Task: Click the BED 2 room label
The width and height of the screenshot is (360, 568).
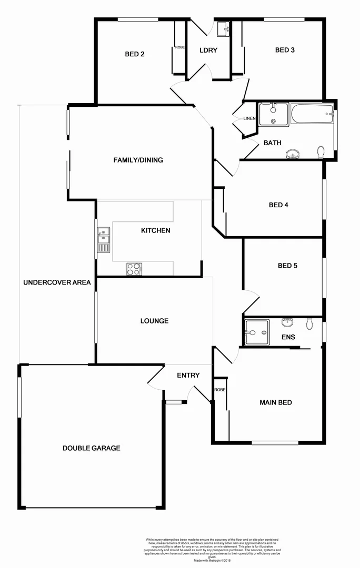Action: tap(135, 54)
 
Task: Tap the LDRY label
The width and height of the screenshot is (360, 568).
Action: tap(208, 50)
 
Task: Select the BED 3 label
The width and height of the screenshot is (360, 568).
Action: tap(285, 50)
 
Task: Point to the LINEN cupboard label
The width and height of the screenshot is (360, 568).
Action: tap(249, 118)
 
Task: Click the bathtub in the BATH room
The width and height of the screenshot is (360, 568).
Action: tap(312, 114)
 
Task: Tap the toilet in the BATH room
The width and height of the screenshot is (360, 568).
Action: tap(321, 152)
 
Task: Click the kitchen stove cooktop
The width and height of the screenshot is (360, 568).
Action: tap(134, 268)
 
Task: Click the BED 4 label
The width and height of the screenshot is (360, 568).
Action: tap(278, 205)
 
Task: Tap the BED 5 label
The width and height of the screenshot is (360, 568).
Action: tap(287, 266)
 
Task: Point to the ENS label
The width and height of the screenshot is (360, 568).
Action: tap(288, 337)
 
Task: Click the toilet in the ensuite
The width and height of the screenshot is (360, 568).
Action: tap(309, 324)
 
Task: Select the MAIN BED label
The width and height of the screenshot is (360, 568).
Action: tap(275, 403)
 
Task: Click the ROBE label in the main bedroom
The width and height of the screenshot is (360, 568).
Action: tap(220, 390)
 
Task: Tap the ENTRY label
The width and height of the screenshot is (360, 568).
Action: tap(188, 376)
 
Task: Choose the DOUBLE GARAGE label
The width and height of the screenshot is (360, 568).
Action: tap(92, 448)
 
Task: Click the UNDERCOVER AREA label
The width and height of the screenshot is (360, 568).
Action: tap(57, 282)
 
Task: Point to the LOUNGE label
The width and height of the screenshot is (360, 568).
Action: tap(154, 321)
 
